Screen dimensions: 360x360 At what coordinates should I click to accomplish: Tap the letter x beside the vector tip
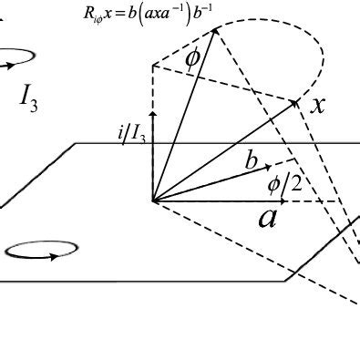click(317, 104)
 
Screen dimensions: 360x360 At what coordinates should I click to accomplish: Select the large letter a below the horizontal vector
click(267, 218)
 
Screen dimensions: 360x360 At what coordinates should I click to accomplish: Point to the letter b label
click(251, 161)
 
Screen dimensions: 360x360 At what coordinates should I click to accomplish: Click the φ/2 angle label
click(283, 185)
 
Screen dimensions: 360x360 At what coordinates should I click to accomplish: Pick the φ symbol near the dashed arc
click(192, 57)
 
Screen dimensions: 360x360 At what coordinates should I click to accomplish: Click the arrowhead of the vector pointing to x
click(297, 101)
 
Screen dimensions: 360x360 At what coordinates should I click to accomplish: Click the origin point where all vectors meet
click(152, 201)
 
